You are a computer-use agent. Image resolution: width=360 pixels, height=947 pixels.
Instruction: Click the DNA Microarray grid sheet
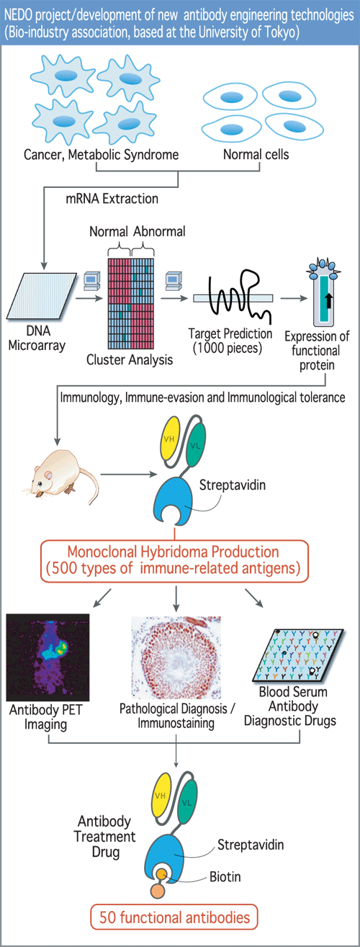point(42,296)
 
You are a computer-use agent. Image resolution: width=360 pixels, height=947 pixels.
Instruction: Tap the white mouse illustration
point(61,475)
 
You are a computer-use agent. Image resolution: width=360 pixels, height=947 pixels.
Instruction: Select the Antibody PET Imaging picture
point(48,657)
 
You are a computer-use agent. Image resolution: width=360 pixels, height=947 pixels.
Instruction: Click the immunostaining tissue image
point(176,657)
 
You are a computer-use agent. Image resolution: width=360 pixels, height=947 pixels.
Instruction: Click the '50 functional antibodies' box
point(174,917)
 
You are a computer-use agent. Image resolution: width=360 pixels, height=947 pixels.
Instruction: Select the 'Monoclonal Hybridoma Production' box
point(174,561)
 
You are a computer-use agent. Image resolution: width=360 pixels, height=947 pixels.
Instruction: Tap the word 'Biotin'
point(225,876)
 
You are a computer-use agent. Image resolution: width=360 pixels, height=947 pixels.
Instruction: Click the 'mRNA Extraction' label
point(112,199)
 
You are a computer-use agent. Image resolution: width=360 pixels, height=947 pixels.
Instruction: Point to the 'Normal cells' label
point(256,154)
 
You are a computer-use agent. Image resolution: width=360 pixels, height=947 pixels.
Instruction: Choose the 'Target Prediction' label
point(230,333)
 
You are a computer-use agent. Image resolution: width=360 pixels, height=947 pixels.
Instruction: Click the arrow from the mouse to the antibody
point(129,474)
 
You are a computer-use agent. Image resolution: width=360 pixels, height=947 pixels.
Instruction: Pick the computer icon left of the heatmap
point(91,281)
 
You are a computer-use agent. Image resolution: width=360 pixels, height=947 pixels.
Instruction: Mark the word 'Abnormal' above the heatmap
point(160,232)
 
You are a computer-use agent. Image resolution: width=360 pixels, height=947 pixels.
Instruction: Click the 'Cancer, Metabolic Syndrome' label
point(101,155)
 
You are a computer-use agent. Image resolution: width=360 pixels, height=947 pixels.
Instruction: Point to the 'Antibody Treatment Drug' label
point(105,836)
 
